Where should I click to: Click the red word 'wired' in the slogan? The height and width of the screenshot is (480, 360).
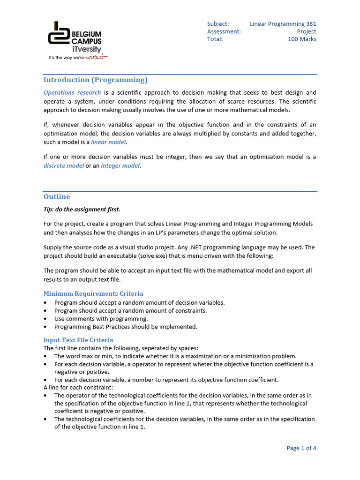(96, 57)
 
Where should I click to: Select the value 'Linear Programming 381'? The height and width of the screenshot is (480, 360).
(283, 24)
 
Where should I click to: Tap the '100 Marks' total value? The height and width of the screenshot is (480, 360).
(302, 39)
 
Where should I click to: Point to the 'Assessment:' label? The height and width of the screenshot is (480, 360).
(224, 31)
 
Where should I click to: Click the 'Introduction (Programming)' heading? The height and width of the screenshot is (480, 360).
(95, 80)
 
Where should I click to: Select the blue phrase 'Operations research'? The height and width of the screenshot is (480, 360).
(72, 92)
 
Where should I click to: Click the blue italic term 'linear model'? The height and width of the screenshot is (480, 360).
(108, 142)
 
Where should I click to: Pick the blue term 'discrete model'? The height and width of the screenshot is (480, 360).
(64, 166)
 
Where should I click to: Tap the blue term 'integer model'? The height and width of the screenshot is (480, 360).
(120, 166)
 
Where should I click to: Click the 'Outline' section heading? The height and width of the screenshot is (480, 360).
(57, 196)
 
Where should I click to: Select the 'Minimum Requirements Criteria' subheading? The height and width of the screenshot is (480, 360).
(93, 294)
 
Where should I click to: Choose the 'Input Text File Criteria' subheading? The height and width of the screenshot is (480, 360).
(78, 340)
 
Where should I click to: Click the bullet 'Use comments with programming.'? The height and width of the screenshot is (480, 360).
(101, 319)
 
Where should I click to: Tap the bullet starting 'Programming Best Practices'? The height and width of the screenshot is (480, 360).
(126, 327)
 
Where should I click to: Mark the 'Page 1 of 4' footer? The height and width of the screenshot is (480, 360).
(301, 448)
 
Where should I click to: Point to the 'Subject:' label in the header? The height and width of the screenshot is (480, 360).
(218, 24)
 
